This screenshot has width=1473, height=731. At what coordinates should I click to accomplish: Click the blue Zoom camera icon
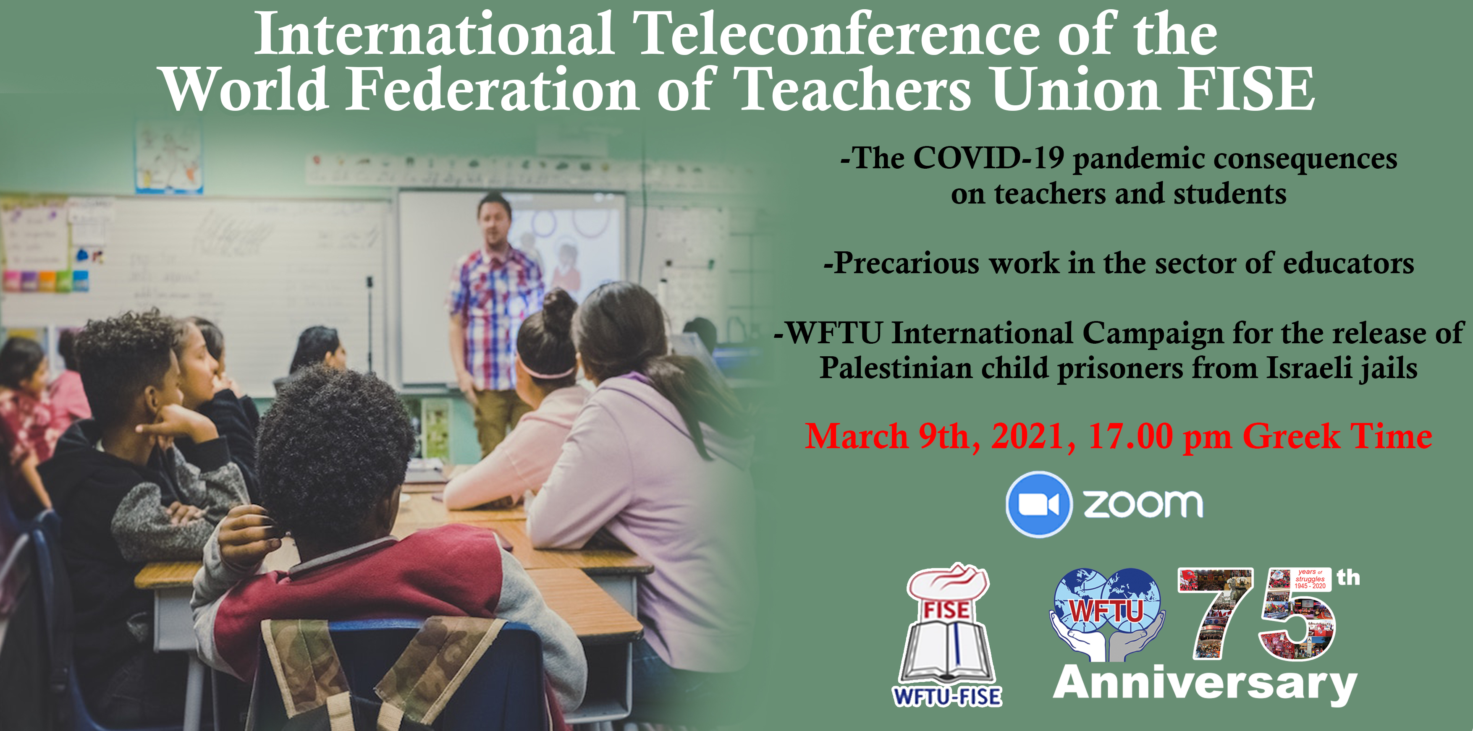click(1038, 504)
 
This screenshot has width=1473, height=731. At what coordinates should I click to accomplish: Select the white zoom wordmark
click(1143, 504)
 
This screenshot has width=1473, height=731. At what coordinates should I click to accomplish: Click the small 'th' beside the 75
click(1348, 577)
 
